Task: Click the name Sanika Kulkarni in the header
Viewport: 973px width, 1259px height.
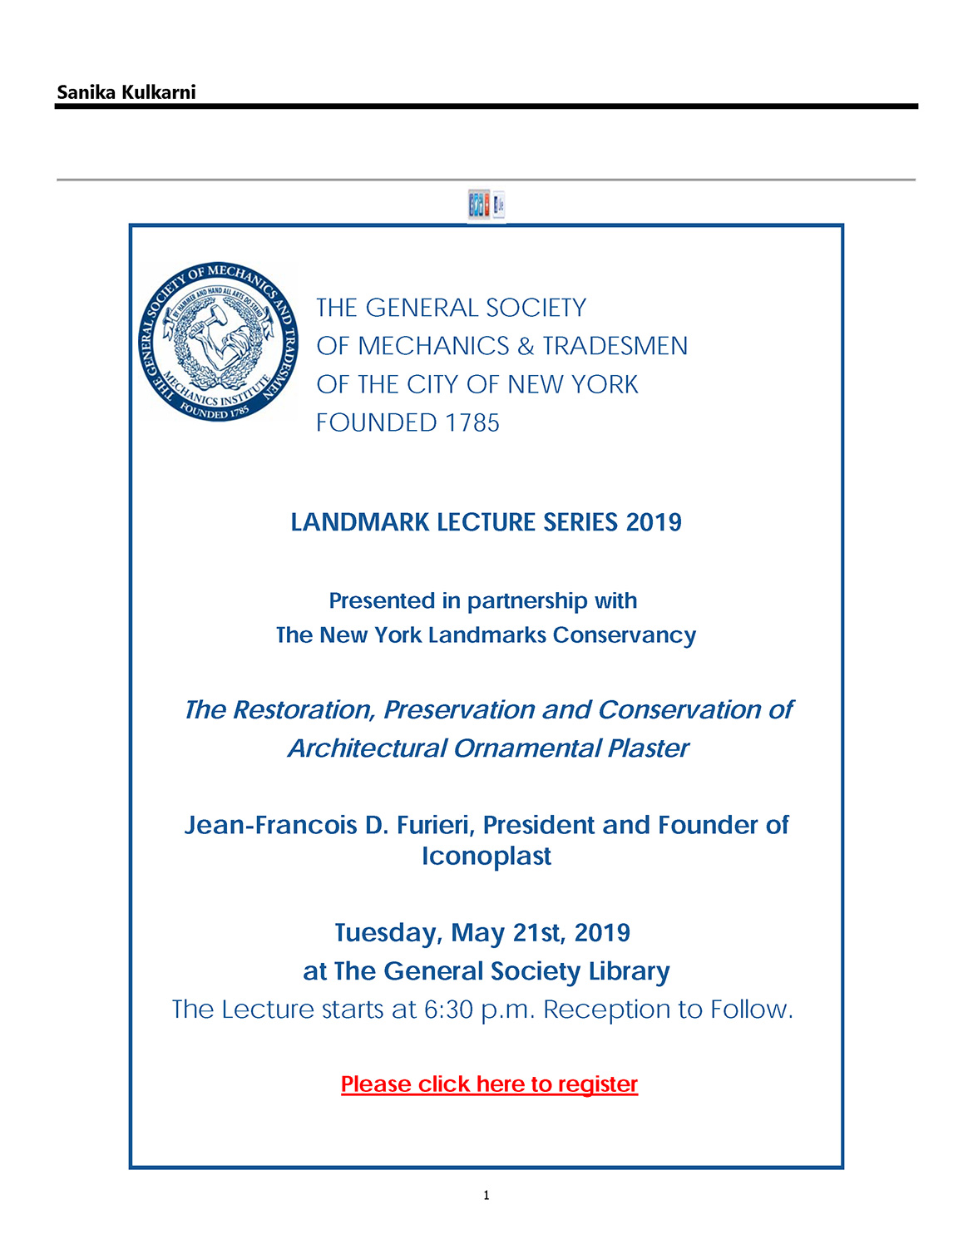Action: click(126, 92)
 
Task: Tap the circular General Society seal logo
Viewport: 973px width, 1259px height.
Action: click(217, 341)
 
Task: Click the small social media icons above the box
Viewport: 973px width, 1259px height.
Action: click(486, 205)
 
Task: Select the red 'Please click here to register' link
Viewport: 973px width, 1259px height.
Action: click(489, 1084)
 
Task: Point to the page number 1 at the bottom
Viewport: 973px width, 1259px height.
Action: click(486, 1195)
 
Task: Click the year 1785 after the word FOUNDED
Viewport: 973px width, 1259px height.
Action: click(472, 422)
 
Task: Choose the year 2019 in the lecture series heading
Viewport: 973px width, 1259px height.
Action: click(654, 522)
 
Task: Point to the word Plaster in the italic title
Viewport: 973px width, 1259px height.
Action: click(648, 748)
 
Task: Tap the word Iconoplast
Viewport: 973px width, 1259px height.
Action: click(486, 856)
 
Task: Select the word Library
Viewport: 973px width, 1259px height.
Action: click(629, 971)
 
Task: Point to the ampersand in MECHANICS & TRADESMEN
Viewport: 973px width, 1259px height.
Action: click(526, 346)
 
